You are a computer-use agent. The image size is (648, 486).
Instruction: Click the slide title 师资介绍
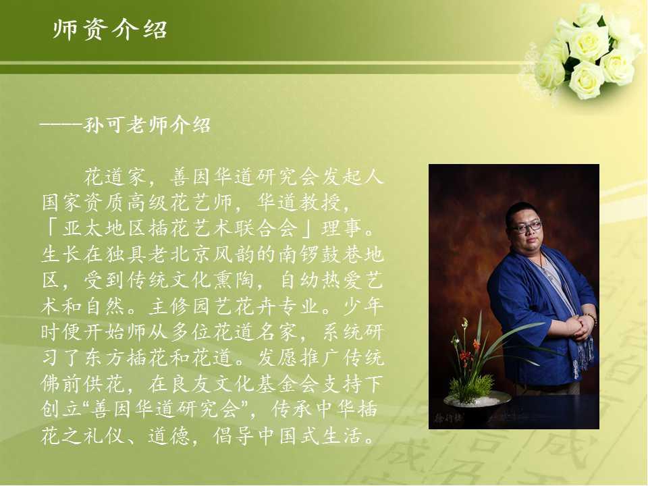click(110, 29)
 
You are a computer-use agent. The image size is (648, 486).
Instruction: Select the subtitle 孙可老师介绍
click(147, 125)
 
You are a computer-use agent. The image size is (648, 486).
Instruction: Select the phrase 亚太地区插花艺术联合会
click(180, 228)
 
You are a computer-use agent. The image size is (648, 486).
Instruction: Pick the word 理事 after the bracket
click(342, 228)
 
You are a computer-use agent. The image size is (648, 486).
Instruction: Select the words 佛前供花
click(83, 383)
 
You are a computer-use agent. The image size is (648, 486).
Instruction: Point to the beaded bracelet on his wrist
click(590, 318)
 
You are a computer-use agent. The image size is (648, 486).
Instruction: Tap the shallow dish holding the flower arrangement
click(477, 399)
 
